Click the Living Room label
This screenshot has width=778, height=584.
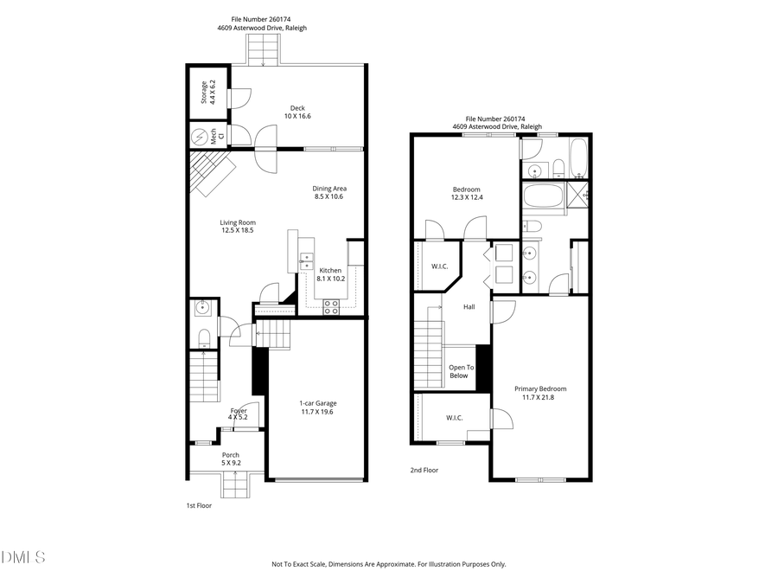click(237, 222)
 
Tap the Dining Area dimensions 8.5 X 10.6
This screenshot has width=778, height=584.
click(328, 196)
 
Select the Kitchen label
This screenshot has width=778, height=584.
click(331, 270)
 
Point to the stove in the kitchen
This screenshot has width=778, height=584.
click(330, 305)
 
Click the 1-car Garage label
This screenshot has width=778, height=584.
click(316, 403)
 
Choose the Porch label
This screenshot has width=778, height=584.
click(231, 454)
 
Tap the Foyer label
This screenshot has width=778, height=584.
click(238, 410)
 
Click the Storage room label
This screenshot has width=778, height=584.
click(204, 92)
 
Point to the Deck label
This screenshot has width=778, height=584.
click(297, 108)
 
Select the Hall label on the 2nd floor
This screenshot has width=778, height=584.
click(469, 306)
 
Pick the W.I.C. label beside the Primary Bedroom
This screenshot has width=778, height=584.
click(455, 418)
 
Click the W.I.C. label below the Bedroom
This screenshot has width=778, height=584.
click(439, 266)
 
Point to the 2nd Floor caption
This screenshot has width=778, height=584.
click(424, 471)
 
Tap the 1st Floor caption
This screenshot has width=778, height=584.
click(199, 505)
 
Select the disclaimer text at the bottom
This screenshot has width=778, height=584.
click(389, 564)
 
